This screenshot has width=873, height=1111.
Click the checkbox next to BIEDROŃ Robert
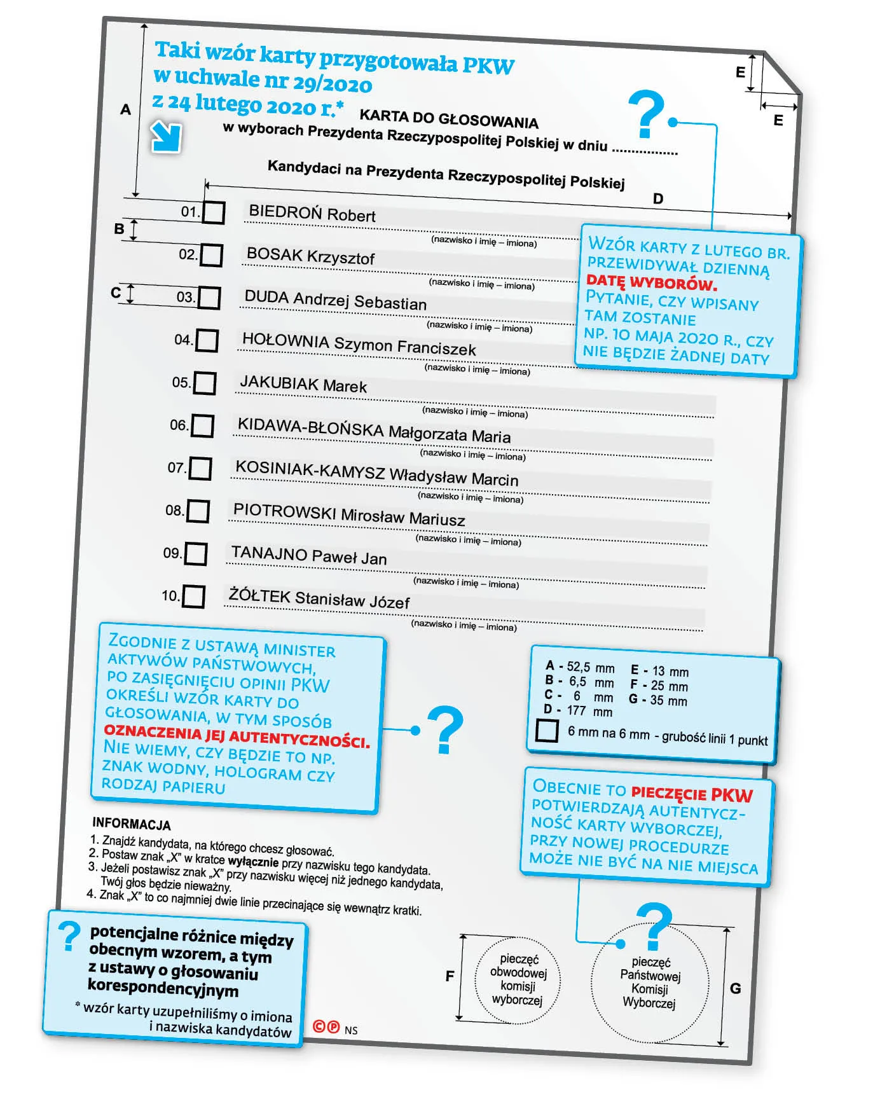tap(214, 212)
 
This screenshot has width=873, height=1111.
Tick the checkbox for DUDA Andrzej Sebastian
tap(209, 298)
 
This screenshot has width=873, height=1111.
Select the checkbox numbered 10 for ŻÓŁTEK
tap(193, 597)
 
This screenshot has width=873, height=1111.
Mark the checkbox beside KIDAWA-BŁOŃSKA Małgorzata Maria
tap(202, 425)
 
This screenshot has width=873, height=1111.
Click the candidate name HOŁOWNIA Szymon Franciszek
tap(359, 344)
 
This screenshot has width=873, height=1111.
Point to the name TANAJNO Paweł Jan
tap(308, 555)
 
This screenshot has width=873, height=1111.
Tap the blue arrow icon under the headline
tap(167, 137)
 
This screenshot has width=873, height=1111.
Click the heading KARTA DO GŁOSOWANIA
tap(448, 118)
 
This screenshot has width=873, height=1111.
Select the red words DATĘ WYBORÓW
tap(651, 282)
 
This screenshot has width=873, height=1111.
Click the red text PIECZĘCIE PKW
tap(692, 794)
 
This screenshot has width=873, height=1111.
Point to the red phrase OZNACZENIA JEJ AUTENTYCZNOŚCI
tap(236, 737)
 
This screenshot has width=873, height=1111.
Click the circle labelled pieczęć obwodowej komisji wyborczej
tap(518, 979)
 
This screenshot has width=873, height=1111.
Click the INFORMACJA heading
tap(131, 824)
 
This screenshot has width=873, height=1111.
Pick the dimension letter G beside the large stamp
tap(735, 988)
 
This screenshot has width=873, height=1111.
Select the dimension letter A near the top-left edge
tap(126, 109)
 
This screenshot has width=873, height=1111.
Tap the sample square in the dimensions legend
tap(546, 730)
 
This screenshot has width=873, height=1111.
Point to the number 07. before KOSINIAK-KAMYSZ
tap(176, 467)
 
